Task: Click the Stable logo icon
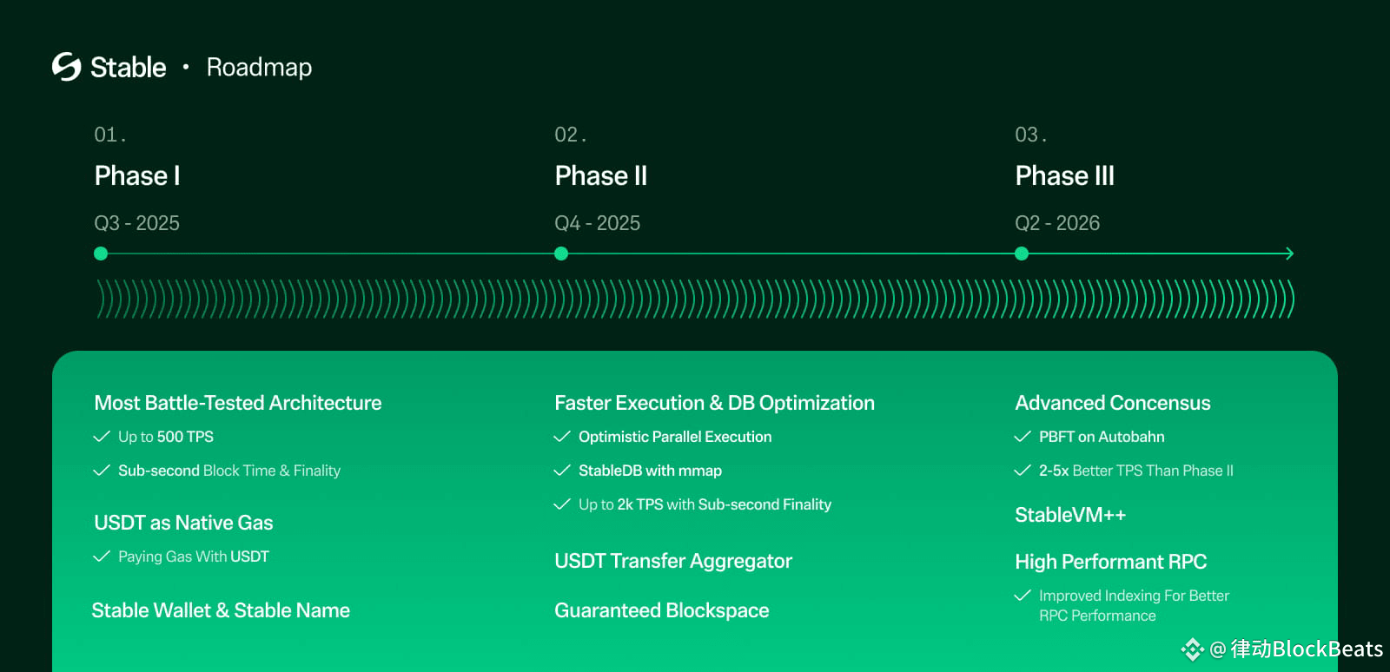point(66,66)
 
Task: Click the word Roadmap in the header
point(259,68)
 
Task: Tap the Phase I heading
point(137,175)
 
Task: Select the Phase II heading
point(600,175)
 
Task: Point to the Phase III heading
point(1064,175)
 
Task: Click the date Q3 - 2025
point(136,223)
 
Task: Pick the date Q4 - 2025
point(597,223)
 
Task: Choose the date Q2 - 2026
point(1057,223)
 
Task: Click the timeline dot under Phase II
point(561,254)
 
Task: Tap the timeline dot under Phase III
point(1022,254)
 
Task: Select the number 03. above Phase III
point(1030,135)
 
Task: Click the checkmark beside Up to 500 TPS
point(102,437)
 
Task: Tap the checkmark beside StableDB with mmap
point(562,471)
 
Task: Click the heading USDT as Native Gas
point(183,523)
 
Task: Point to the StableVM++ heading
point(1070,515)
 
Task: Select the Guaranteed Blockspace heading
point(661,610)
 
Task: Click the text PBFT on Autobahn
point(1102,437)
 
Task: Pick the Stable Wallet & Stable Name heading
point(221,610)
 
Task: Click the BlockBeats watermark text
point(1327,649)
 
